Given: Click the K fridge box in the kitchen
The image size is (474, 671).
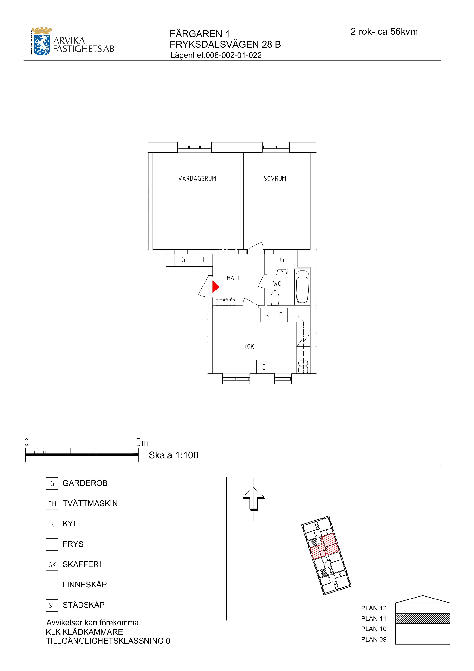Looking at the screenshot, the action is (267, 315).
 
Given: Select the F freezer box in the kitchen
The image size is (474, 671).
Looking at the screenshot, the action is (281, 315).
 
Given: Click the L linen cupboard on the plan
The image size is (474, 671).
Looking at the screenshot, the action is (204, 259).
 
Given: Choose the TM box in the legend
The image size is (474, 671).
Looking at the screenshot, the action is (52, 503).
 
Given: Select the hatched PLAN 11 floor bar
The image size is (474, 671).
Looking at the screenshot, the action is (422, 618).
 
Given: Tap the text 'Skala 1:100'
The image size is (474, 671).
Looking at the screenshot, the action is (174, 455).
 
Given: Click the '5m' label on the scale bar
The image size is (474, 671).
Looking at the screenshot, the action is (142, 443).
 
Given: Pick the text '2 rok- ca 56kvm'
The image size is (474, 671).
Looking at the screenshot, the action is (384, 32).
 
